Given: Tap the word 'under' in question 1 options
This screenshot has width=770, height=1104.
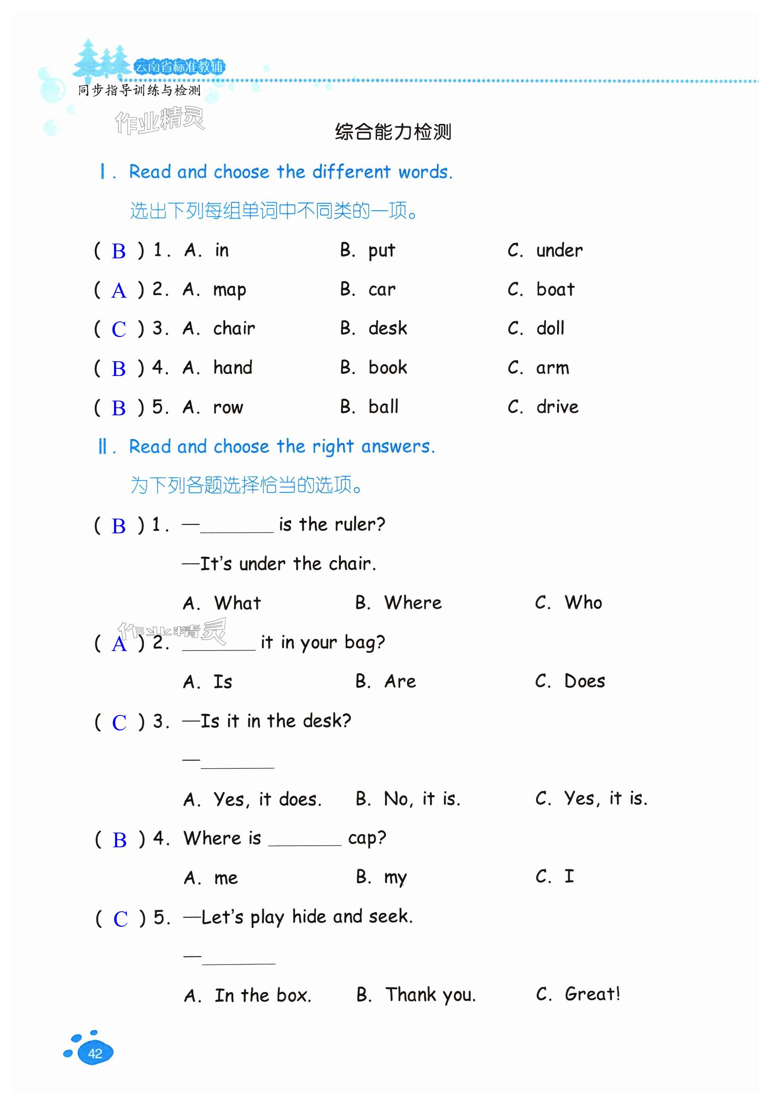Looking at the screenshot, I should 559,250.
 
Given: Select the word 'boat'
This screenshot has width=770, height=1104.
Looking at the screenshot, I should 555,289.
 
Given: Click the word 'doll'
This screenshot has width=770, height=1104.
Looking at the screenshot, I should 550,328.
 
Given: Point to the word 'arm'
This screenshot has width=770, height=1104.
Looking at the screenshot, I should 553,368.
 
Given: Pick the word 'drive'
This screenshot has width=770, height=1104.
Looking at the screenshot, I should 557,407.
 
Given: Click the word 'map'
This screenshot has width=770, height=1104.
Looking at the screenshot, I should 229,291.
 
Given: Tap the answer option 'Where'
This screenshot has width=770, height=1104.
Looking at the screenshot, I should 412,603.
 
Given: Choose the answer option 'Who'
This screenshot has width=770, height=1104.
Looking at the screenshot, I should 583,602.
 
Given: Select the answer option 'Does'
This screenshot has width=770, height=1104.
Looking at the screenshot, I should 584,681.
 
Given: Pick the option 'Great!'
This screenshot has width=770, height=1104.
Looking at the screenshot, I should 592,994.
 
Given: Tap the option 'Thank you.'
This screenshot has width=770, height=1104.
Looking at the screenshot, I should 430,995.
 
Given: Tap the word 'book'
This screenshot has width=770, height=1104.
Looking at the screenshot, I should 387,368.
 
